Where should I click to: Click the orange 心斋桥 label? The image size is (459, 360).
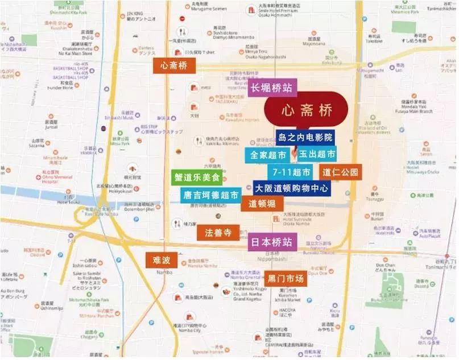click(175, 66)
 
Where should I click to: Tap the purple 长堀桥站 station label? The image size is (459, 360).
click(272, 88)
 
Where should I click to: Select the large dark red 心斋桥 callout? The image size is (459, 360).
click(306, 110)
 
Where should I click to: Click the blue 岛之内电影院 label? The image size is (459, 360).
click(306, 137)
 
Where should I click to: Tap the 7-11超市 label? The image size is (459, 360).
click(291, 172)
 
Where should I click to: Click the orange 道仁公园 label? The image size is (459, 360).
click(340, 172)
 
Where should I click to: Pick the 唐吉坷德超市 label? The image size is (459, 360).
click(210, 195)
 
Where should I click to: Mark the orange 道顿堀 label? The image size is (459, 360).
click(262, 203)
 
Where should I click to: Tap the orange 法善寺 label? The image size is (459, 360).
click(218, 232)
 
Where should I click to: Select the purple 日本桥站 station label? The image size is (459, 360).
click(272, 242)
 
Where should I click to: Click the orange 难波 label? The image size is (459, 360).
click(162, 260)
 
